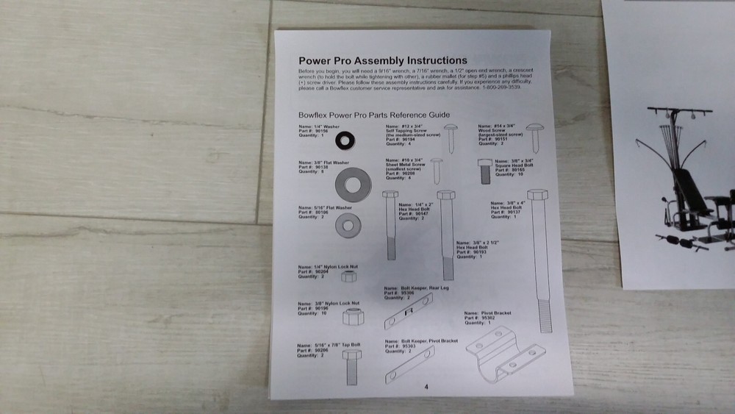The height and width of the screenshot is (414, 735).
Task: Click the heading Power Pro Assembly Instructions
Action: pyautogui.click(x=382, y=60)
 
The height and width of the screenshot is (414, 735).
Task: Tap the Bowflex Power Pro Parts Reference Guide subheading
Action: pyautogui.click(x=373, y=115)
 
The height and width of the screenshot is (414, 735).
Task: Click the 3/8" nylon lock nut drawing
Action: pyautogui.click(x=351, y=318)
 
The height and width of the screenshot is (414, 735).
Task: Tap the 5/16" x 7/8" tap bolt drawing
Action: pyautogui.click(x=352, y=365)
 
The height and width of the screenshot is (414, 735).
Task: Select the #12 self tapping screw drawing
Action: pyautogui.click(x=451, y=138)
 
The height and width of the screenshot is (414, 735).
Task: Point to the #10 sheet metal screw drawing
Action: pyautogui.click(x=437, y=171)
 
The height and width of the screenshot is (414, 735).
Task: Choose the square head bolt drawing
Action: pyautogui.click(x=485, y=171)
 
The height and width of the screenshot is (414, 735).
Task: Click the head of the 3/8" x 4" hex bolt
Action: pyautogui.click(x=537, y=196)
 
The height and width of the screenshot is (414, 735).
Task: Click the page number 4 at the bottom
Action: pyautogui.click(x=426, y=388)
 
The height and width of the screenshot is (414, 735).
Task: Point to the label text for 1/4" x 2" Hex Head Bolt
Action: pyautogui.click(x=413, y=210)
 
